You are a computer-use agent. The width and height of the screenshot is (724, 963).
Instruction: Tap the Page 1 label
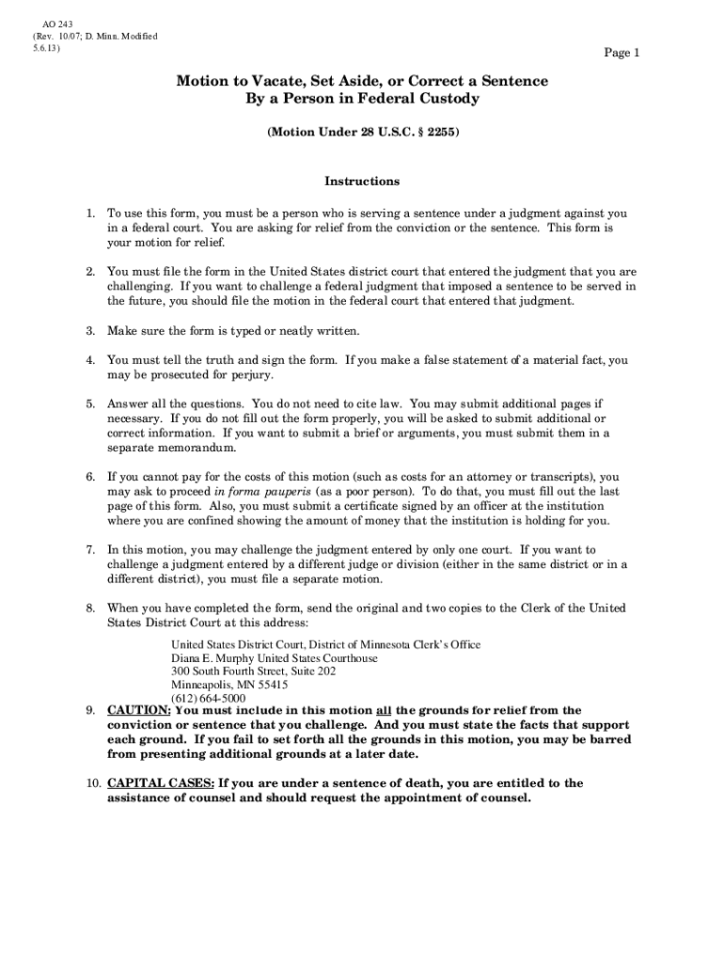click(622, 54)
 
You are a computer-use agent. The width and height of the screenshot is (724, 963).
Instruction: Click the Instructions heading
click(362, 182)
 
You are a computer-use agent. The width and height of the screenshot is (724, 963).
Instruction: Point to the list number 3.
click(90, 331)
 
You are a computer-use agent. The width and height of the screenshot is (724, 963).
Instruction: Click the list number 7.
click(90, 549)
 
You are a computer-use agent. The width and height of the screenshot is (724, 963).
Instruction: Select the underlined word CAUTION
click(139, 711)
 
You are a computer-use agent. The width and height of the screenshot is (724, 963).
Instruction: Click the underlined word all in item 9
click(384, 711)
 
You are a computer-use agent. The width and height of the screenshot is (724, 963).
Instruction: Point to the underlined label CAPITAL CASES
click(162, 783)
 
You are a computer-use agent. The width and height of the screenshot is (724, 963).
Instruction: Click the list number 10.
click(92, 783)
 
